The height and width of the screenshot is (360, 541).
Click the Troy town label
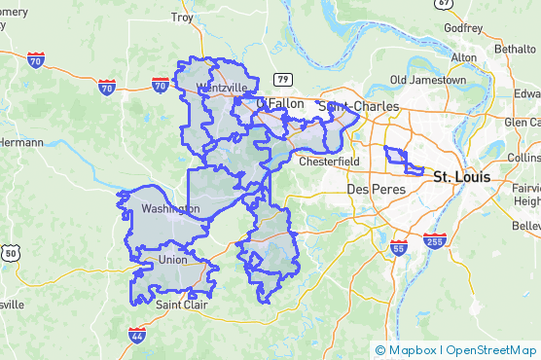pyautogui.click(x=182, y=18)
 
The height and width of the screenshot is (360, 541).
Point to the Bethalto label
pyautogui.click(x=515, y=48)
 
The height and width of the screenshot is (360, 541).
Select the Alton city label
pyautogui.click(x=463, y=57)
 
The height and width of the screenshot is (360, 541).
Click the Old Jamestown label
pyautogui.click(x=428, y=79)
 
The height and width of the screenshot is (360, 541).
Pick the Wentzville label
pyautogui.click(x=222, y=88)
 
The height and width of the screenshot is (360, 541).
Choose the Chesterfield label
pyautogui.click(x=330, y=162)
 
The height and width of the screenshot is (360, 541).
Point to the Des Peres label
pyautogui.click(x=374, y=188)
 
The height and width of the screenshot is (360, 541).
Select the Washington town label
pyautogui.click(x=169, y=209)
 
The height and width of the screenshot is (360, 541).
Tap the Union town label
pyautogui.click(x=172, y=261)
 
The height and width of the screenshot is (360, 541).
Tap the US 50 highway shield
pyautogui.click(x=12, y=253)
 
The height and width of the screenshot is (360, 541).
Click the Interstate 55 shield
pyautogui.click(x=399, y=248)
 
